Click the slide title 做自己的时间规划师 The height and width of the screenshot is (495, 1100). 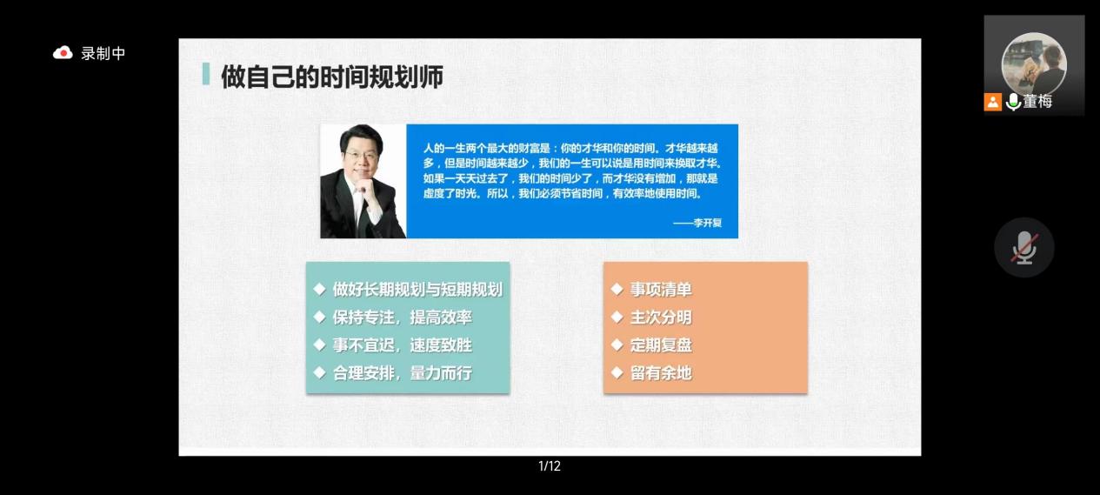pyautogui.click(x=332, y=77)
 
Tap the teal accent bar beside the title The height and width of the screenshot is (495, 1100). pyautogui.click(x=206, y=74)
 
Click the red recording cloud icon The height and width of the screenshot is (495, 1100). pyautogui.click(x=63, y=52)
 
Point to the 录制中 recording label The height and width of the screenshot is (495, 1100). pyautogui.click(x=103, y=53)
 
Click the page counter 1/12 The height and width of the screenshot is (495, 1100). pyautogui.click(x=550, y=466)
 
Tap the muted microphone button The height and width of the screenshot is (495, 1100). pyautogui.click(x=1024, y=247)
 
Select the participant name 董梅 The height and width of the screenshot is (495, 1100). pyautogui.click(x=1037, y=101)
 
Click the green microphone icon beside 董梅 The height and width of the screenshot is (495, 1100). pyautogui.click(x=1013, y=102)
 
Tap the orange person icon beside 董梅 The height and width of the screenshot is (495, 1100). pyautogui.click(x=993, y=102)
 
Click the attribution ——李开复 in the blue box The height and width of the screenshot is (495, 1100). pyautogui.click(x=697, y=223)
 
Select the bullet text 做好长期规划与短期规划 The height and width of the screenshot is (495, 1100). pyautogui.click(x=417, y=289)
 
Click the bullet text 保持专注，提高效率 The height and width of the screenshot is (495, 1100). pyautogui.click(x=403, y=318)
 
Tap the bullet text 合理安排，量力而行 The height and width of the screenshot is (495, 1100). pyautogui.click(x=403, y=373)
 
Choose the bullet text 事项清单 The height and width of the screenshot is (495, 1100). pyautogui.click(x=661, y=289)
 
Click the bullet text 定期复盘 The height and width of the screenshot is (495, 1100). pyautogui.click(x=661, y=345)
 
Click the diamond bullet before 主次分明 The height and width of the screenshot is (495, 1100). pyautogui.click(x=617, y=318)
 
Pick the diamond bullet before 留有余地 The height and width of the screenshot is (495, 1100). pyautogui.click(x=617, y=373)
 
